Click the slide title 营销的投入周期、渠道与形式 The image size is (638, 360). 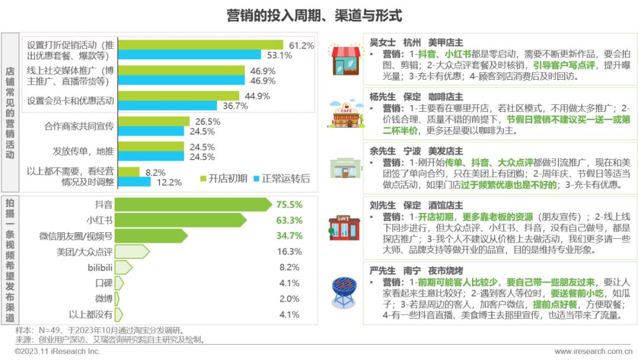[314, 15]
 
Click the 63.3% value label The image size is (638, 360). [289, 220]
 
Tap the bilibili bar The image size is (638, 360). [123, 267]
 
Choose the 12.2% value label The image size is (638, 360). [169, 183]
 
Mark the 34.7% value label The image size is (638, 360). [289, 236]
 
